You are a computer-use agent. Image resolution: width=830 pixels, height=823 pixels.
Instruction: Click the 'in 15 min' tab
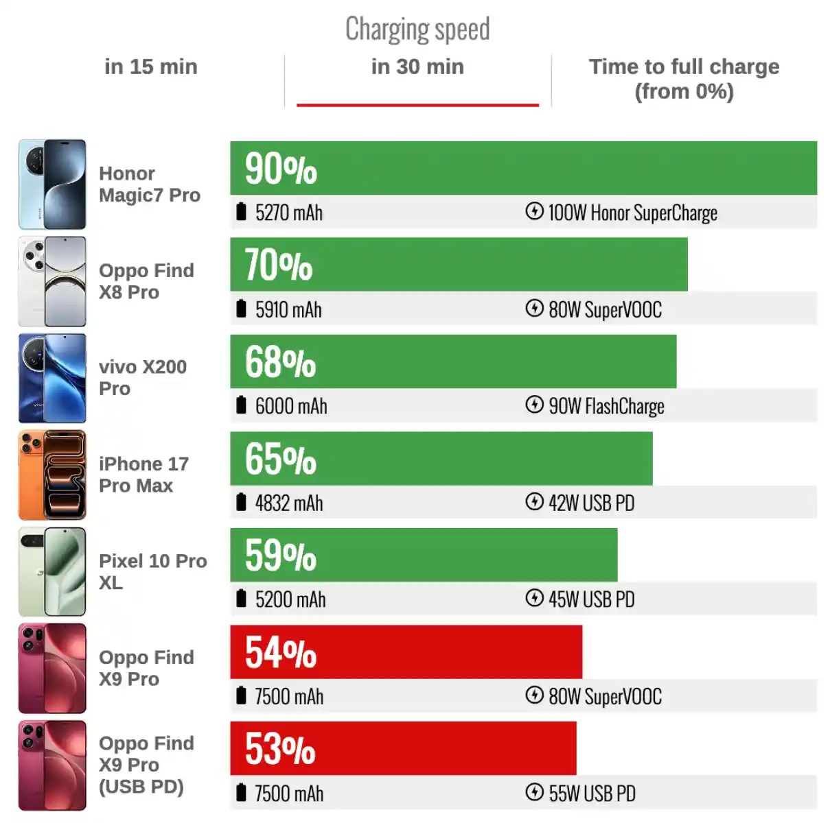tap(150, 67)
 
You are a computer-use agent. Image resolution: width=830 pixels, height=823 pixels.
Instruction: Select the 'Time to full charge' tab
tap(684, 78)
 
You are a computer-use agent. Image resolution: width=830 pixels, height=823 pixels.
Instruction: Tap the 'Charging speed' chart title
tap(417, 29)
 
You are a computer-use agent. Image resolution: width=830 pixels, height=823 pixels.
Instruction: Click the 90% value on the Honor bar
tap(281, 169)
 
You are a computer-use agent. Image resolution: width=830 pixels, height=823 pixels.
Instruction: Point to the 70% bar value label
tap(278, 265)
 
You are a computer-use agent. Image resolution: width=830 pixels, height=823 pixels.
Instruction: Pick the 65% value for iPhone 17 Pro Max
tap(280, 459)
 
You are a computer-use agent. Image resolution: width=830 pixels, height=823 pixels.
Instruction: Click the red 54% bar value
tap(280, 652)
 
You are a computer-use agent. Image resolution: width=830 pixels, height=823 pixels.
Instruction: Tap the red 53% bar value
tap(280, 749)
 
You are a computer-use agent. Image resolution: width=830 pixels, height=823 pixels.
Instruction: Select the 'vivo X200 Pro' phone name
tap(142, 378)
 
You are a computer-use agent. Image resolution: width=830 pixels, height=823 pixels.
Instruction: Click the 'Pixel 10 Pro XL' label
tap(152, 571)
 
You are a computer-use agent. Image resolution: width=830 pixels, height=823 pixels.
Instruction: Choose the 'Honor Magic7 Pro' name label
tap(149, 184)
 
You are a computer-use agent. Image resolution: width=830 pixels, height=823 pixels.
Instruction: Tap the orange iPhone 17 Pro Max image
tap(53, 475)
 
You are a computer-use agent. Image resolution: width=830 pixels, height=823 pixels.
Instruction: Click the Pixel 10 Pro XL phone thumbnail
tap(53, 571)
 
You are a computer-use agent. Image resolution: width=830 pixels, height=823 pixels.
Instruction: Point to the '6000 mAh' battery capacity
tap(290, 406)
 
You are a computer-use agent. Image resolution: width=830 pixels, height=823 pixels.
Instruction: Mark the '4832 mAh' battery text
tap(288, 503)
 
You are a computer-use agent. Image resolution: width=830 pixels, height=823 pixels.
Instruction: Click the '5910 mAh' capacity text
tap(288, 310)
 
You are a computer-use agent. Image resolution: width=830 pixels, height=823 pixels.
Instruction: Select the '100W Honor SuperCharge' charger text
tap(632, 213)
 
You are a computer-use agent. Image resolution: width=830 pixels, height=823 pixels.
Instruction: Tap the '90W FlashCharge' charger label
tap(606, 406)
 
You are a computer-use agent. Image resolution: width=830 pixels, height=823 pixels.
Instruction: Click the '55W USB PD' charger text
tap(592, 794)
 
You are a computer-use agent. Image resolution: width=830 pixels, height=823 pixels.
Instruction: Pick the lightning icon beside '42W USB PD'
tap(534, 502)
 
